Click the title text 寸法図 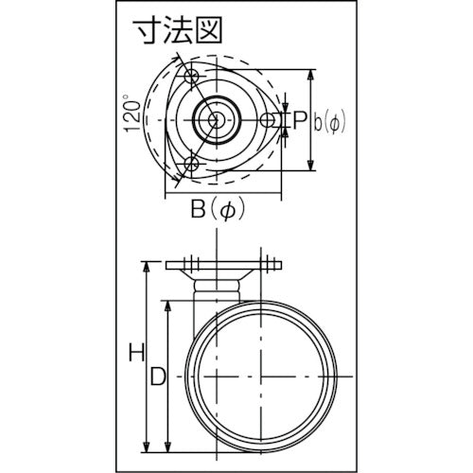177,32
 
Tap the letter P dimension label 299,119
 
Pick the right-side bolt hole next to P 269,119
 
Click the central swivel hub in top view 216,119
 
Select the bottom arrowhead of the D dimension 168,445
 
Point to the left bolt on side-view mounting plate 187,261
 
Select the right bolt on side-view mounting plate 272,261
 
